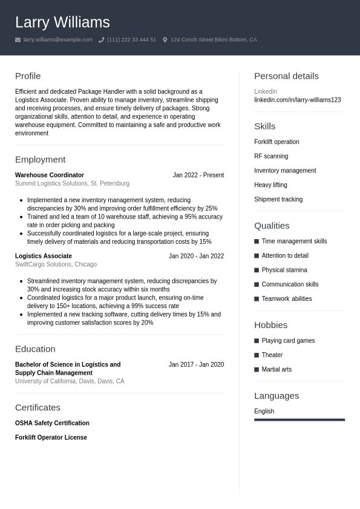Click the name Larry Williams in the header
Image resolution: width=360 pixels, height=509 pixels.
click(62, 22)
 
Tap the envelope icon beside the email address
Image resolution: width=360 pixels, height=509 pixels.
click(18, 40)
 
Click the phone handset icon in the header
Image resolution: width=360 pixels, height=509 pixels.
click(102, 40)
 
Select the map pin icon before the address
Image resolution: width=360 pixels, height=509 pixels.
click(165, 40)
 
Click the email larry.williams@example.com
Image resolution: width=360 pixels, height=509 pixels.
click(58, 40)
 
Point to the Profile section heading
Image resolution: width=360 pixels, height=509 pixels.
click(28, 76)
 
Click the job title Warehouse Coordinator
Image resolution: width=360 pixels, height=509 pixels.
click(50, 175)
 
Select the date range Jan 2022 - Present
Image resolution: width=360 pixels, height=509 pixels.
click(198, 175)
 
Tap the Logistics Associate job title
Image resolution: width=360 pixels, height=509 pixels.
click(44, 256)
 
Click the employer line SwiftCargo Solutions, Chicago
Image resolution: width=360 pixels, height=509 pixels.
click(56, 264)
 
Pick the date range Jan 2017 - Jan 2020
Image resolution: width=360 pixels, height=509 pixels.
click(196, 364)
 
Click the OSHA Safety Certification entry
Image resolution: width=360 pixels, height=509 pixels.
click(52, 423)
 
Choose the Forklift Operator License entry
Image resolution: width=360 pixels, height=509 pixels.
click(51, 438)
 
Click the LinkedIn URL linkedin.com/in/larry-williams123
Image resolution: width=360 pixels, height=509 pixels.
click(297, 100)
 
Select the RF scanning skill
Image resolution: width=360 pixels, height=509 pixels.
click(271, 156)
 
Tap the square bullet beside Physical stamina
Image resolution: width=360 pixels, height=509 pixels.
click(257, 270)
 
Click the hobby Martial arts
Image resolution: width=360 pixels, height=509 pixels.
click(277, 369)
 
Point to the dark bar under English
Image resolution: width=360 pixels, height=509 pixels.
click(299, 419)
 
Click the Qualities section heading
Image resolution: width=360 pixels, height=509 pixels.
click(272, 225)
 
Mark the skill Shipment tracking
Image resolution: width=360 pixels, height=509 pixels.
click(278, 199)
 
